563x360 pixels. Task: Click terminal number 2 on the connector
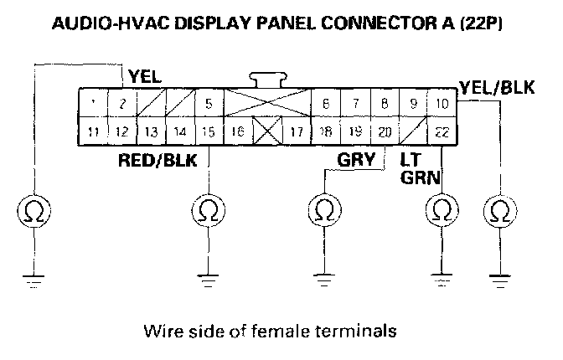[122, 104]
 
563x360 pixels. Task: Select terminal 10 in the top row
[442, 104]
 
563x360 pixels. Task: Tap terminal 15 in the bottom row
[208, 131]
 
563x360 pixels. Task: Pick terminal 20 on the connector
[385, 131]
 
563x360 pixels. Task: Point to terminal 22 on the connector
[442, 131]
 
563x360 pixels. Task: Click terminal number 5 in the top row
[208, 104]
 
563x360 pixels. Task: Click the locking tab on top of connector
[266, 80]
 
